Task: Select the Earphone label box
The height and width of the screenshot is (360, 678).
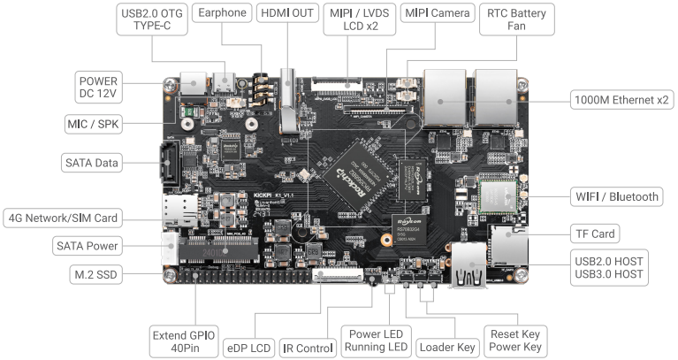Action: point(222,14)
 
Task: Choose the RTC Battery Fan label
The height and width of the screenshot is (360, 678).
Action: point(516,21)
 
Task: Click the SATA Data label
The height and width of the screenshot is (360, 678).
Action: point(91,163)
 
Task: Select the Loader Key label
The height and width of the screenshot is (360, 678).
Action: point(446,348)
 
